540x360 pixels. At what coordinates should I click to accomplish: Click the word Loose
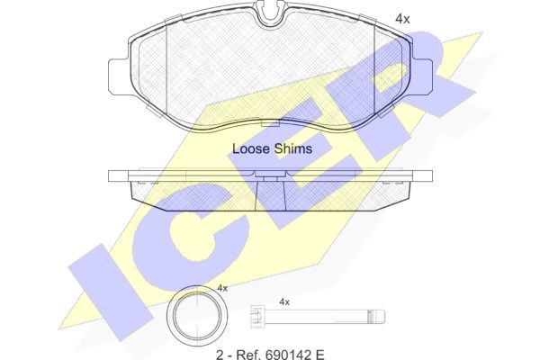click(x=250, y=148)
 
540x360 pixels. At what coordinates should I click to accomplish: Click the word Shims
click(x=293, y=148)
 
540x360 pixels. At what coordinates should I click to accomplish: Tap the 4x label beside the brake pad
click(x=402, y=19)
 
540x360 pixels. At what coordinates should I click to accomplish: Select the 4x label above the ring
click(x=222, y=288)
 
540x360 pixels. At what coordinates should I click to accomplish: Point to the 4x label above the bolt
click(x=284, y=302)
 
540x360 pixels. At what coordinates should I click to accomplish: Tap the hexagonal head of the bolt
click(x=256, y=314)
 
